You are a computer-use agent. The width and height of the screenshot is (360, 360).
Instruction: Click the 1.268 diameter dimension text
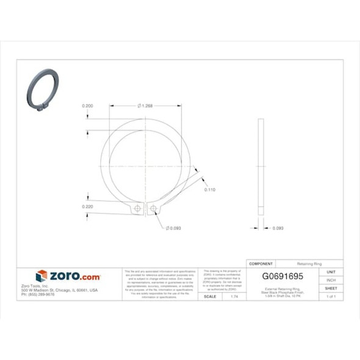[146, 106]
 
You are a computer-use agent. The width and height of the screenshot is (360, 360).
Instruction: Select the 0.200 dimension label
[88, 106]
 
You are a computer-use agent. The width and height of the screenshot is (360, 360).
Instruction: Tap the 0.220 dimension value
[88, 207]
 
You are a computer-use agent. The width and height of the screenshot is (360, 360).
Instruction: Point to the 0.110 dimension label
[209, 190]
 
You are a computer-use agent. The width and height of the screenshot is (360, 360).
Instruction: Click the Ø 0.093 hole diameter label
[175, 228]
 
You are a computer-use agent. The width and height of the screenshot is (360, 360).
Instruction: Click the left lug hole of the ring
[138, 209]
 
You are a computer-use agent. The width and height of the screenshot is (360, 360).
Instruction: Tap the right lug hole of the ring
[153, 209]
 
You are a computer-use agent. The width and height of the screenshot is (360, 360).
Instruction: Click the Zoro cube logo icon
[41, 276]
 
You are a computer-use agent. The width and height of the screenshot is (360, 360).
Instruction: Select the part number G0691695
[282, 276]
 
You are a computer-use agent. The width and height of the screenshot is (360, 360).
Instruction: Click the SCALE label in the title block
[209, 296]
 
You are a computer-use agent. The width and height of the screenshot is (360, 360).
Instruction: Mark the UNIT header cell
[331, 272]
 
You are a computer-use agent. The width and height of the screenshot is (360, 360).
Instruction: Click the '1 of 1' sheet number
[331, 296]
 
